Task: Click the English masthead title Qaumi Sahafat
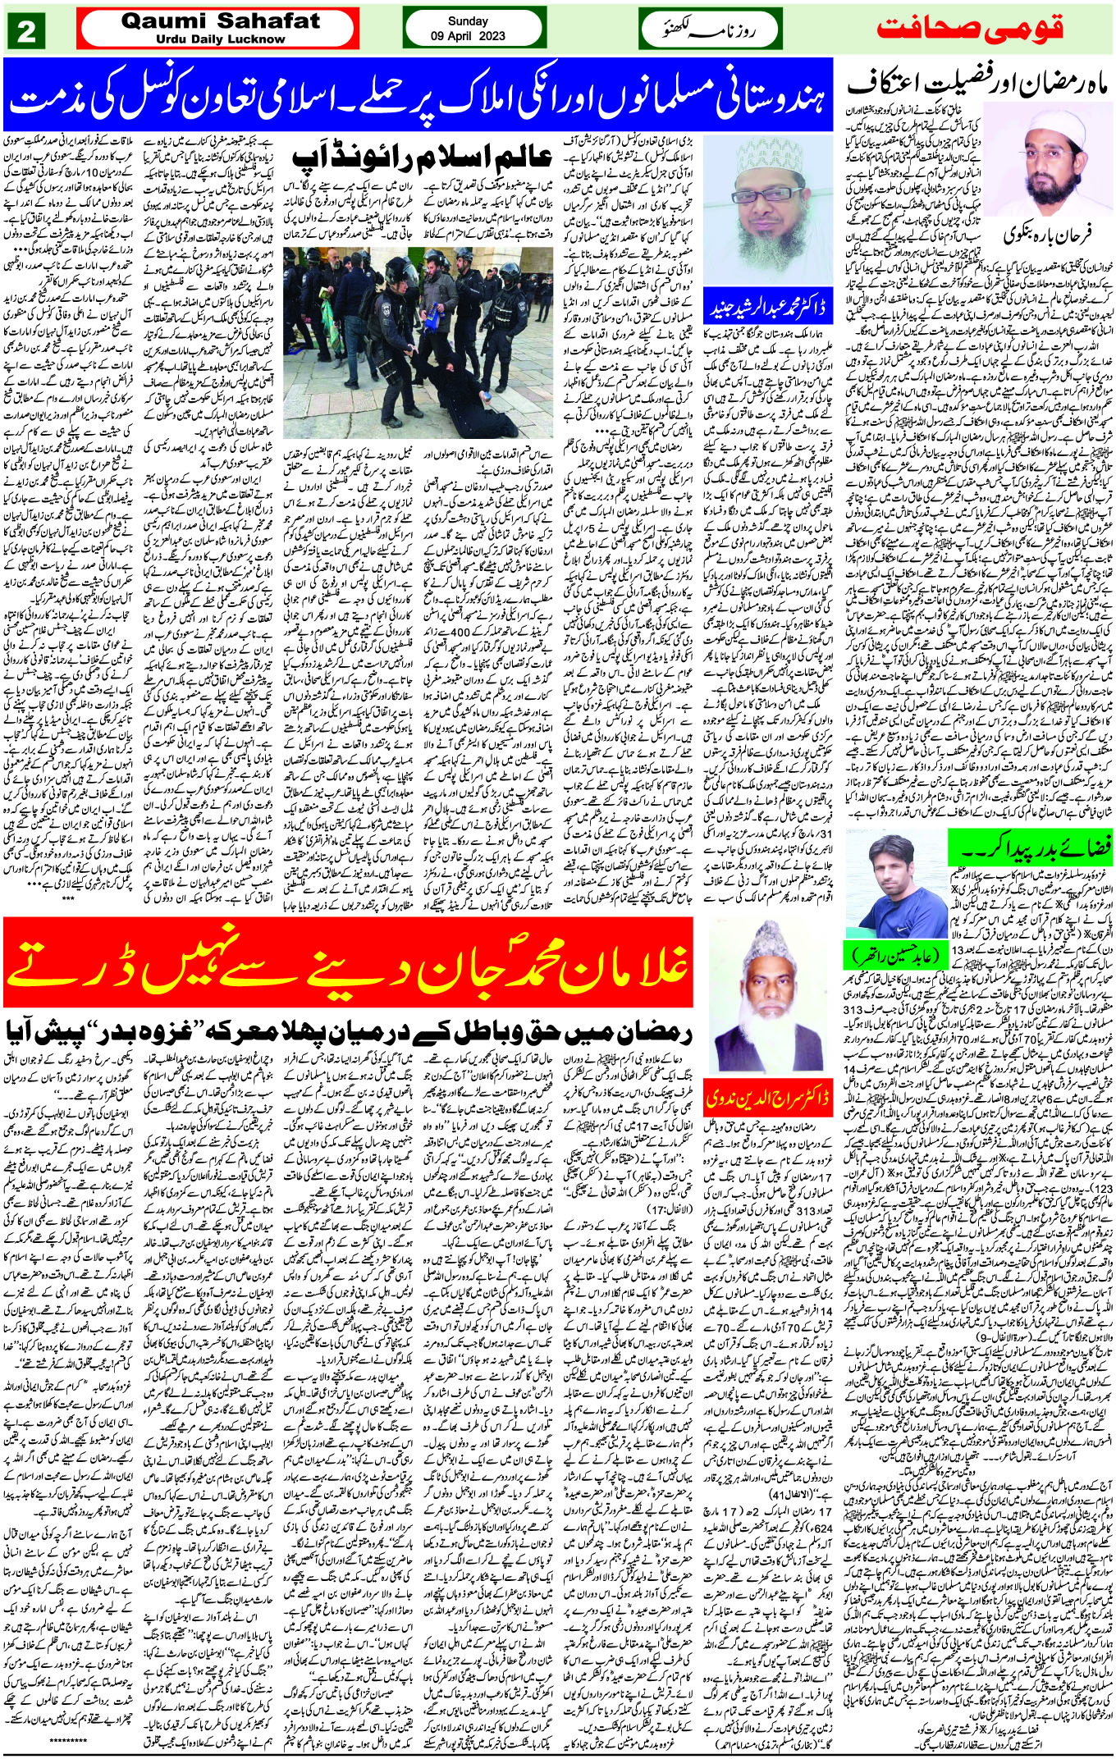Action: pos(220,21)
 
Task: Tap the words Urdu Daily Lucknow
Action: pos(220,39)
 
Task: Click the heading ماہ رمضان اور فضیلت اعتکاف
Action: pos(976,85)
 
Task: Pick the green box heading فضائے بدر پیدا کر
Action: pos(1029,844)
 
